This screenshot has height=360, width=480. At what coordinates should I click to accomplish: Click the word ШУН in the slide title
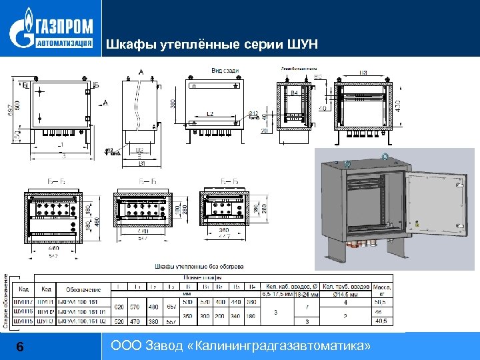click(x=304, y=45)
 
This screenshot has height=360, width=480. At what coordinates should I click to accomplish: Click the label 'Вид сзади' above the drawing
click(x=225, y=71)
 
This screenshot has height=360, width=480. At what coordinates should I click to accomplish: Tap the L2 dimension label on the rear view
click(x=210, y=114)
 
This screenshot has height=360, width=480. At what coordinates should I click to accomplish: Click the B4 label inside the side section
click(x=294, y=93)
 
